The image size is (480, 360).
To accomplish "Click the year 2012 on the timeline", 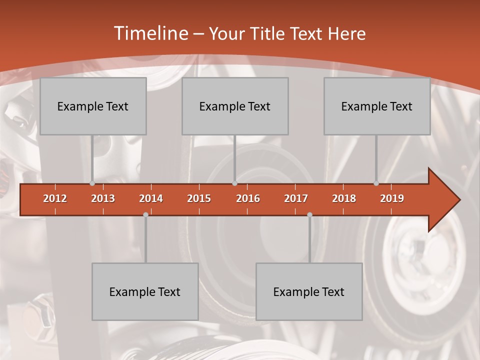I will coord(55,198).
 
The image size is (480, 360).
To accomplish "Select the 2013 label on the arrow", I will coord(103,198).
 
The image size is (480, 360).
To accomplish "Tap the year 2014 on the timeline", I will coord(151,198).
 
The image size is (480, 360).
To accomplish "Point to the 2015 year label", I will coord(199,198).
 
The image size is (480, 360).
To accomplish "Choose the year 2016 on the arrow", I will coord(248,198).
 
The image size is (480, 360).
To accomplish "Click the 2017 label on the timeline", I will coord(296,198).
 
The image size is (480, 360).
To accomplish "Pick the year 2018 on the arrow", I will coord(344,198).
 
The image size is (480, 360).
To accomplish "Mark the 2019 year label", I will coord(392,198).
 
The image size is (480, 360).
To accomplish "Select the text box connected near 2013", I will coord(93,106).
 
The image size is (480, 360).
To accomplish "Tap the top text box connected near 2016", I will coord(235,106).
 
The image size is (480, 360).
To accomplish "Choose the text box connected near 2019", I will coord(377,106).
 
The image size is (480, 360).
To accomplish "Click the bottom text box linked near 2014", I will coord(145,291).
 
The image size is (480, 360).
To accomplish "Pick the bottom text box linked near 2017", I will coord(309,291).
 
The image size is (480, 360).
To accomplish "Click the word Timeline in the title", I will coord(150,33).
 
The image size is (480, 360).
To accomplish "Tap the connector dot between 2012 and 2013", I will coord(92,183).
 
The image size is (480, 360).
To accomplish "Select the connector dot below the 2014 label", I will coord(145,214).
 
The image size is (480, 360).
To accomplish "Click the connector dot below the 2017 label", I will coord(309,214).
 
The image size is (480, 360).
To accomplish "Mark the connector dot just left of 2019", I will coord(376,183).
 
